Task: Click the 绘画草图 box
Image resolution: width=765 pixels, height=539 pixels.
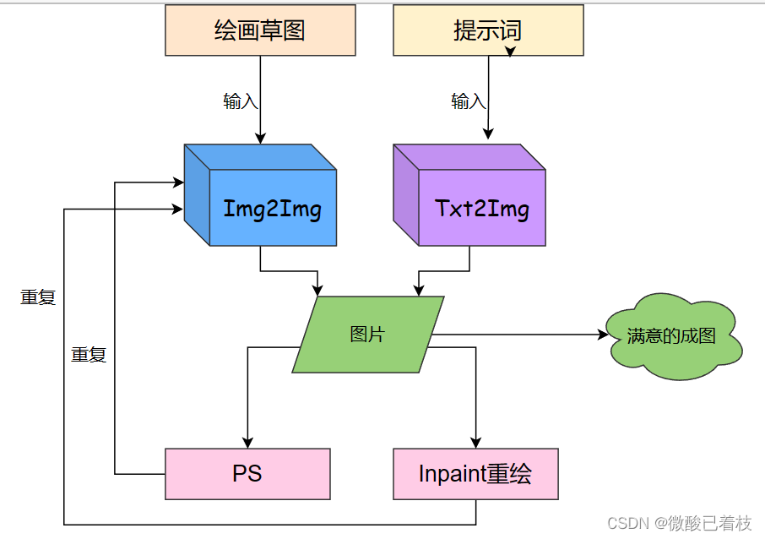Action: tap(260, 30)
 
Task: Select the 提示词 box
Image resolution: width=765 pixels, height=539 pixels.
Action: tap(488, 30)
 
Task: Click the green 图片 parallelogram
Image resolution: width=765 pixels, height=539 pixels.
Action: tap(367, 335)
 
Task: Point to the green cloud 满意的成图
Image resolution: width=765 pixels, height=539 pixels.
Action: tap(674, 335)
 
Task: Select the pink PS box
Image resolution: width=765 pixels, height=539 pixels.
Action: tap(247, 474)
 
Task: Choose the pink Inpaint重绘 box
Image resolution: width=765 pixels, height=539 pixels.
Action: tap(475, 474)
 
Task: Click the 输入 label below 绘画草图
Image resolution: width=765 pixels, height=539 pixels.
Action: tap(241, 101)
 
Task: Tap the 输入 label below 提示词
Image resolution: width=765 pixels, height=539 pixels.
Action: tap(469, 102)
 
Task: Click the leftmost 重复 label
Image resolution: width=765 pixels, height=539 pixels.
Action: tap(38, 297)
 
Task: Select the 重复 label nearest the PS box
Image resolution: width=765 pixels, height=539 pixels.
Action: tap(89, 355)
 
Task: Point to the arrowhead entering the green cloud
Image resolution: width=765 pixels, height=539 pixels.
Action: tap(603, 335)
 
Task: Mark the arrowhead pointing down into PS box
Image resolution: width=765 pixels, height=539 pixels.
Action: tap(247, 442)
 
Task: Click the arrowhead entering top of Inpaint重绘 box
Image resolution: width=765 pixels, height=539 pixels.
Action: tap(475, 442)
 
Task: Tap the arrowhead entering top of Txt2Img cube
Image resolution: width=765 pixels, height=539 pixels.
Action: tap(488, 135)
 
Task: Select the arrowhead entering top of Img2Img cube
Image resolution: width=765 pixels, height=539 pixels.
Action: tap(260, 138)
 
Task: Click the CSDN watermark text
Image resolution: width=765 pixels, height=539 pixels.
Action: tap(679, 524)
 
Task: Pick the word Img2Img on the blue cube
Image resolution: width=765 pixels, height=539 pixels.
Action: tap(272, 209)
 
